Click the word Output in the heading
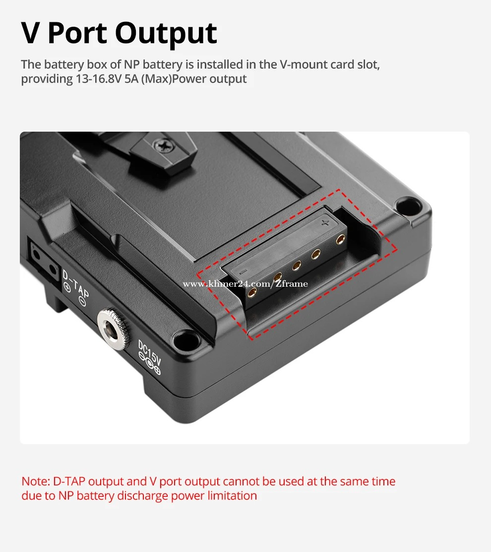tap(166, 34)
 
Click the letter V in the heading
tap(30, 33)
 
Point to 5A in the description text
tap(131, 79)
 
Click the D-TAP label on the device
tap(76, 284)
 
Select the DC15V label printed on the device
tap(150, 352)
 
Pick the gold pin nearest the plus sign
tap(340, 240)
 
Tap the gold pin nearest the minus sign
tap(252, 292)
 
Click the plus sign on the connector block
tap(325, 223)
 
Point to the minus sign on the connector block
tap(243, 271)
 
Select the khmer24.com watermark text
tap(245, 284)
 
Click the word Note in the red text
tap(36, 481)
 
